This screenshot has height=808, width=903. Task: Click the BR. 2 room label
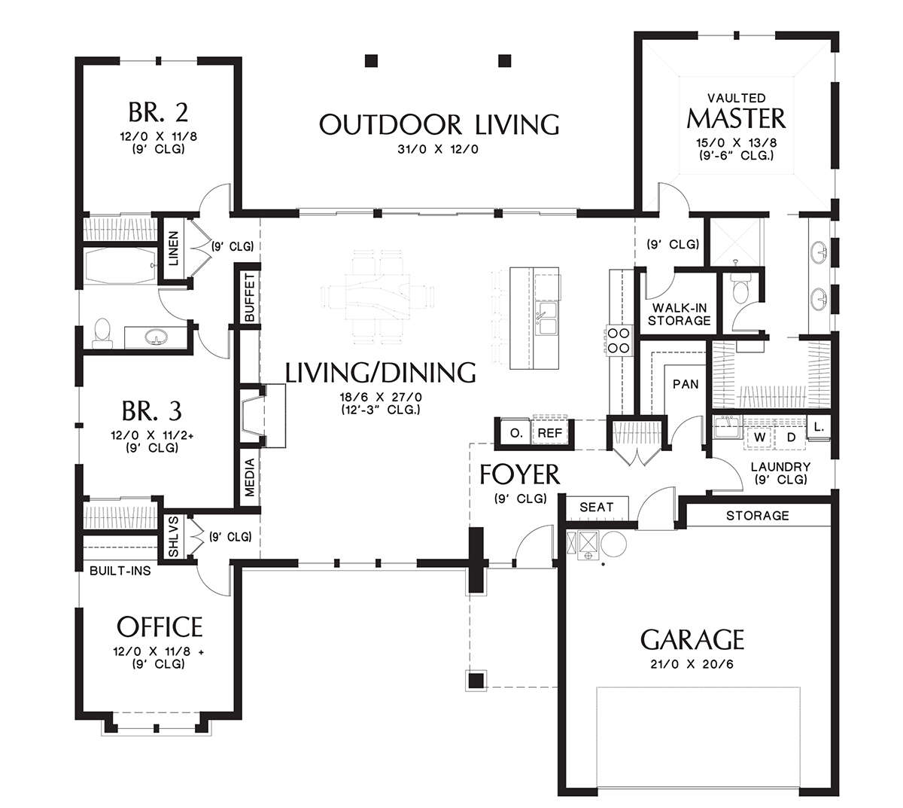point(158,112)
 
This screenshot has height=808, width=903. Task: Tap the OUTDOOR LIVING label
point(439,124)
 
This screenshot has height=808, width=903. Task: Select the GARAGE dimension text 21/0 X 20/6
point(692,664)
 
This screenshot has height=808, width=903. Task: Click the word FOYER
point(520,474)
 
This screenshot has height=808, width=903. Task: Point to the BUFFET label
point(250,297)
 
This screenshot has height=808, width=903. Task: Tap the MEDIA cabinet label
point(250,477)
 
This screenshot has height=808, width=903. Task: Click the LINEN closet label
point(173,248)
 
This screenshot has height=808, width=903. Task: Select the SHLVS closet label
point(173,537)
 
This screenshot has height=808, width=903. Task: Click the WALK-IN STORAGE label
point(679,314)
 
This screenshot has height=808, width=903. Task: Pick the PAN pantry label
point(686,384)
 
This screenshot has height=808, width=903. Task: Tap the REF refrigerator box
point(550,433)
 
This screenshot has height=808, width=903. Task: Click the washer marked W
point(759,438)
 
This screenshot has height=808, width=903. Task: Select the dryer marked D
point(791,438)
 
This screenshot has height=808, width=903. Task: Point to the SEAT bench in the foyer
point(596,508)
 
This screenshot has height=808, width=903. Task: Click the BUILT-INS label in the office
point(120,571)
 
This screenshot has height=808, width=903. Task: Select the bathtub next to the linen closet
point(120,266)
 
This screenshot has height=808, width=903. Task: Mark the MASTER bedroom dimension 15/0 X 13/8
point(736,143)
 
